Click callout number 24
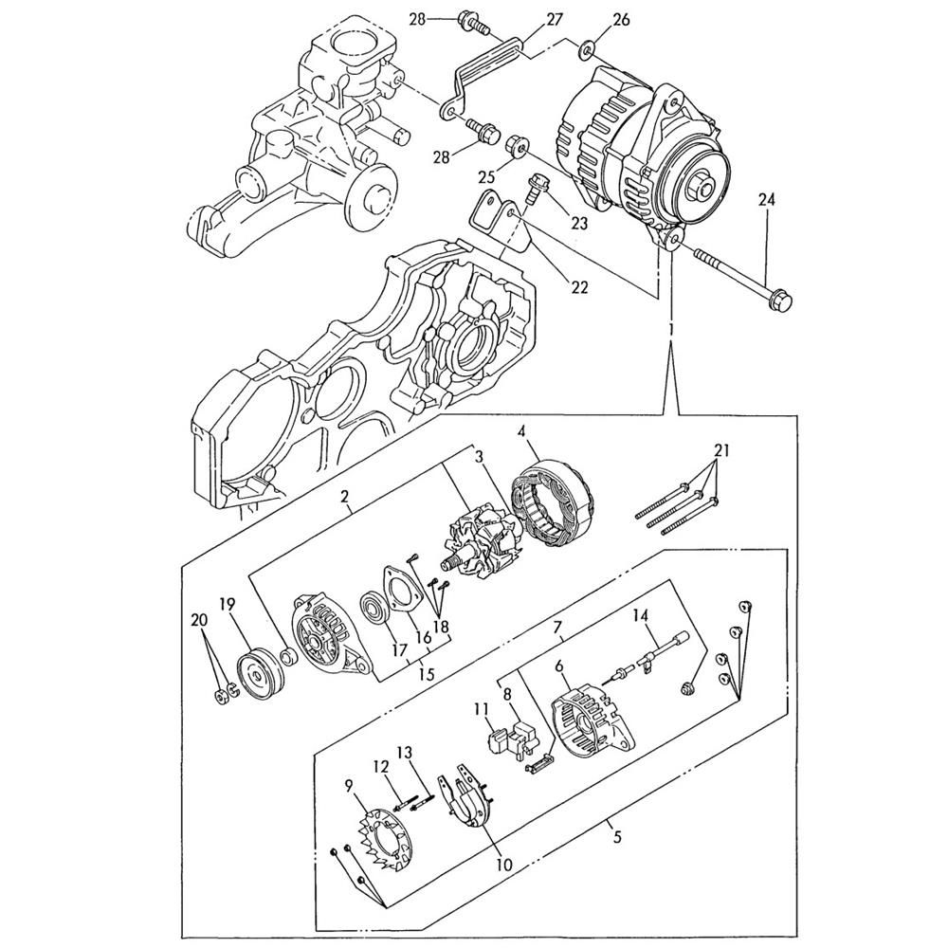[766, 199]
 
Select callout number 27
[555, 21]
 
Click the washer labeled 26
[587, 48]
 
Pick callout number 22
[578, 287]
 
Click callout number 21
[721, 449]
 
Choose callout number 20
[198, 619]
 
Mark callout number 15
[427, 673]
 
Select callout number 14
[641, 616]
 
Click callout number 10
[503, 865]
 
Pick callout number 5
[617, 836]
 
